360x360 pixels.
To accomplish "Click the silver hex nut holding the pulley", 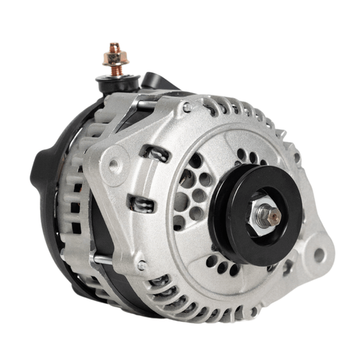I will point(266,213).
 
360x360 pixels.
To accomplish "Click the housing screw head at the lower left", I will point(141,265).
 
